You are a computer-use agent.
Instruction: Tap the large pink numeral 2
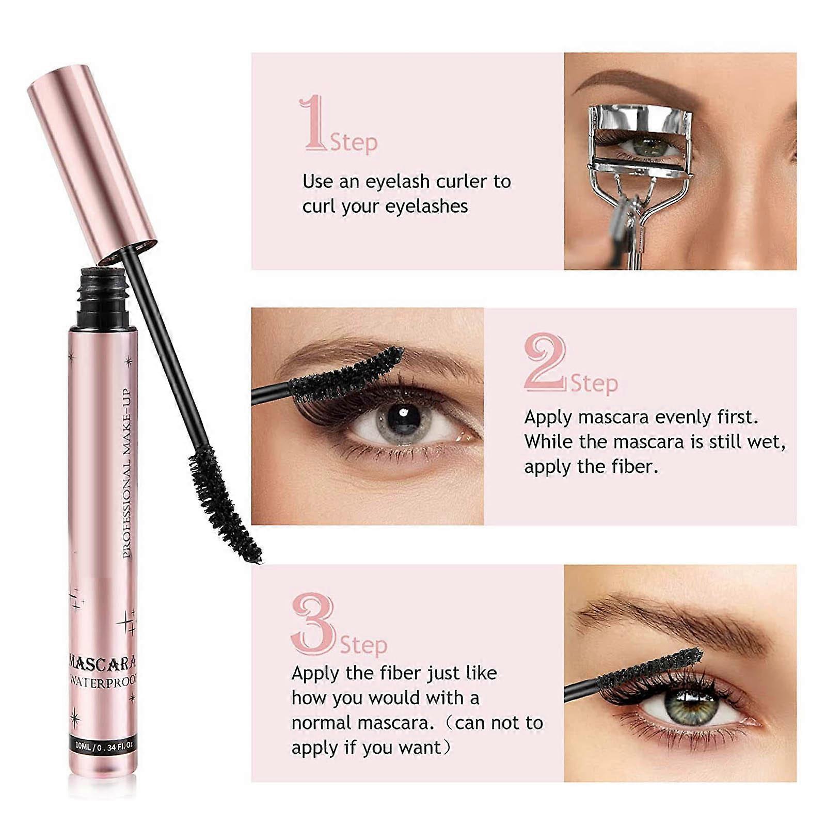[x=545, y=361]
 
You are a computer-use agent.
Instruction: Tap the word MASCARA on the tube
[x=103, y=662]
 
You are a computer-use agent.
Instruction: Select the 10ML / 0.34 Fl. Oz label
[x=104, y=745]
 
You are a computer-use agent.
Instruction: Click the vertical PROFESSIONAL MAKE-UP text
[x=127, y=472]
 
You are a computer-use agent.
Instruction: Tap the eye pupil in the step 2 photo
[x=403, y=418]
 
